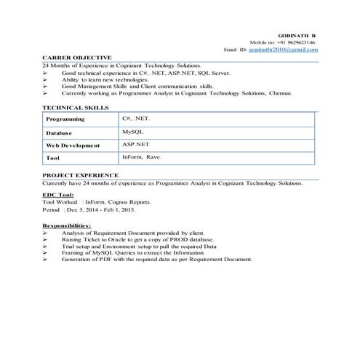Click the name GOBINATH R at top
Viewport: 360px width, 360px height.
coord(297,35)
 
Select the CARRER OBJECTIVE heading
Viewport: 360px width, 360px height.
coord(77,57)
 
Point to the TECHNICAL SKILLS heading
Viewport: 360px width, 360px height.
coord(76,107)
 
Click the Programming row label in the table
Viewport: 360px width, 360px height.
coord(65,119)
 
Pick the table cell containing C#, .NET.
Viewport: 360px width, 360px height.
coord(136,118)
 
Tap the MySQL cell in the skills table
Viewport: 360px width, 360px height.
coord(133,132)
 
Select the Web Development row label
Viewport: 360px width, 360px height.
coord(73,145)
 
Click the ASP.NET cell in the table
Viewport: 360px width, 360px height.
coord(135,145)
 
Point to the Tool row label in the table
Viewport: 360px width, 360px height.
coord(52,158)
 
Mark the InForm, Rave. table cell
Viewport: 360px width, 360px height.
coord(142,157)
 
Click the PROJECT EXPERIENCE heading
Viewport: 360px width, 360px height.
coord(80,175)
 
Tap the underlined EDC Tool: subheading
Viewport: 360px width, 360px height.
coord(58,195)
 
